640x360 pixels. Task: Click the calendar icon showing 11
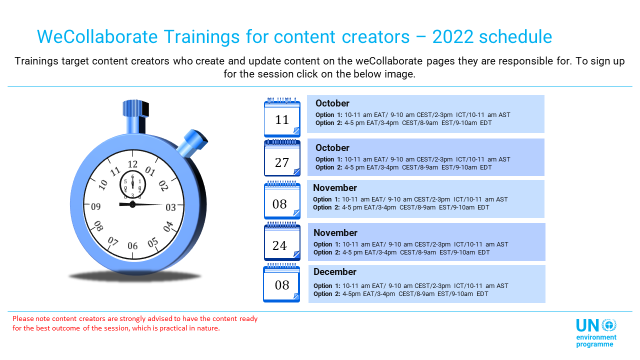pyautogui.click(x=282, y=117)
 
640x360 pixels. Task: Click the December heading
pyautogui.click(x=334, y=271)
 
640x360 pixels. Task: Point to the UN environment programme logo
pyautogui.click(x=596, y=333)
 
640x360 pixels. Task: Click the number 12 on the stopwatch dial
pyautogui.click(x=132, y=164)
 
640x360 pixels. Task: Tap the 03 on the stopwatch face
pyautogui.click(x=170, y=207)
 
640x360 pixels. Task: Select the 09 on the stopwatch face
pyautogui.click(x=95, y=206)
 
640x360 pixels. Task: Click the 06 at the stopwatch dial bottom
pyautogui.click(x=132, y=245)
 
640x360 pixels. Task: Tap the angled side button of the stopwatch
pyautogui.click(x=193, y=143)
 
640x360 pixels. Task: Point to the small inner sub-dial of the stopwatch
pyautogui.click(x=132, y=184)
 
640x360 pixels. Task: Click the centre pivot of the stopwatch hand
pyautogui.click(x=132, y=204)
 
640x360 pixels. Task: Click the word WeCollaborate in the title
pyautogui.click(x=97, y=36)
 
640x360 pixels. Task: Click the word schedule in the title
pyautogui.click(x=515, y=36)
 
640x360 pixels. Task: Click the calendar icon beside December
pyautogui.click(x=281, y=283)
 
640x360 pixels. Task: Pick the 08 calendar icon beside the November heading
pyautogui.click(x=282, y=200)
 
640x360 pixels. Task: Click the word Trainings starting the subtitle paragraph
pyautogui.click(x=36, y=61)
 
